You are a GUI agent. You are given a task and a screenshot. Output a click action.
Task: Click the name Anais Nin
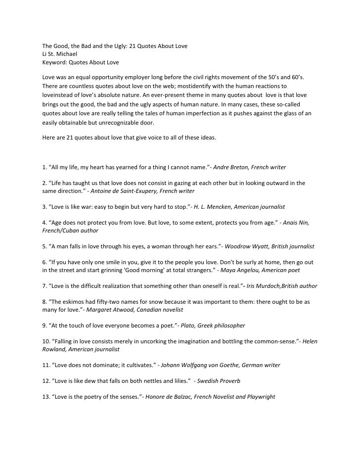point(297,223)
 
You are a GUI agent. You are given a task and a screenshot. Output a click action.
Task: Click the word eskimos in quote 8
point(77,302)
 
